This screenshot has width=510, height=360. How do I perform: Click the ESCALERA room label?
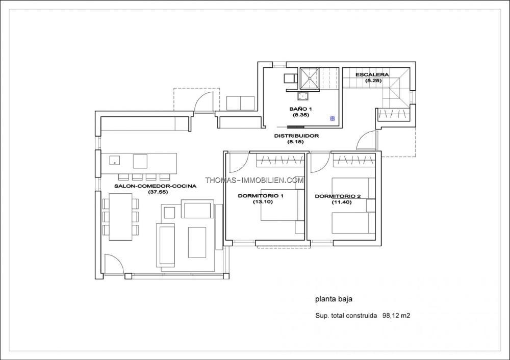tap(372, 75)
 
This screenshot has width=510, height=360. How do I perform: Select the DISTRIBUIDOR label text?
tap(296, 136)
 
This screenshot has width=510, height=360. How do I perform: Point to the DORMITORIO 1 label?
tap(261, 196)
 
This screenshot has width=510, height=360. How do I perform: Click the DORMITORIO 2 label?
tap(338, 196)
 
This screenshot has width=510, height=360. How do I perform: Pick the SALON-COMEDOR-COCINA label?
tap(155, 186)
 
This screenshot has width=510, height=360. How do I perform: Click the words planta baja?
tap(334, 299)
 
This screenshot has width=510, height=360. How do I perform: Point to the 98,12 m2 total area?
tap(396, 316)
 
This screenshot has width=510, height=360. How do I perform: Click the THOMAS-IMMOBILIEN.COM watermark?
tap(254, 180)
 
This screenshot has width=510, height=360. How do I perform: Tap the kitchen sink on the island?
tap(114, 160)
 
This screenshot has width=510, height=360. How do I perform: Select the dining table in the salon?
tap(120, 217)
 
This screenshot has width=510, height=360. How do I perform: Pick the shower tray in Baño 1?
tap(309, 78)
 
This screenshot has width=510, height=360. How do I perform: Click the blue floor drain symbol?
tap(333, 118)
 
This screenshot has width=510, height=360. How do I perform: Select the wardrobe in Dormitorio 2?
tap(353, 160)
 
